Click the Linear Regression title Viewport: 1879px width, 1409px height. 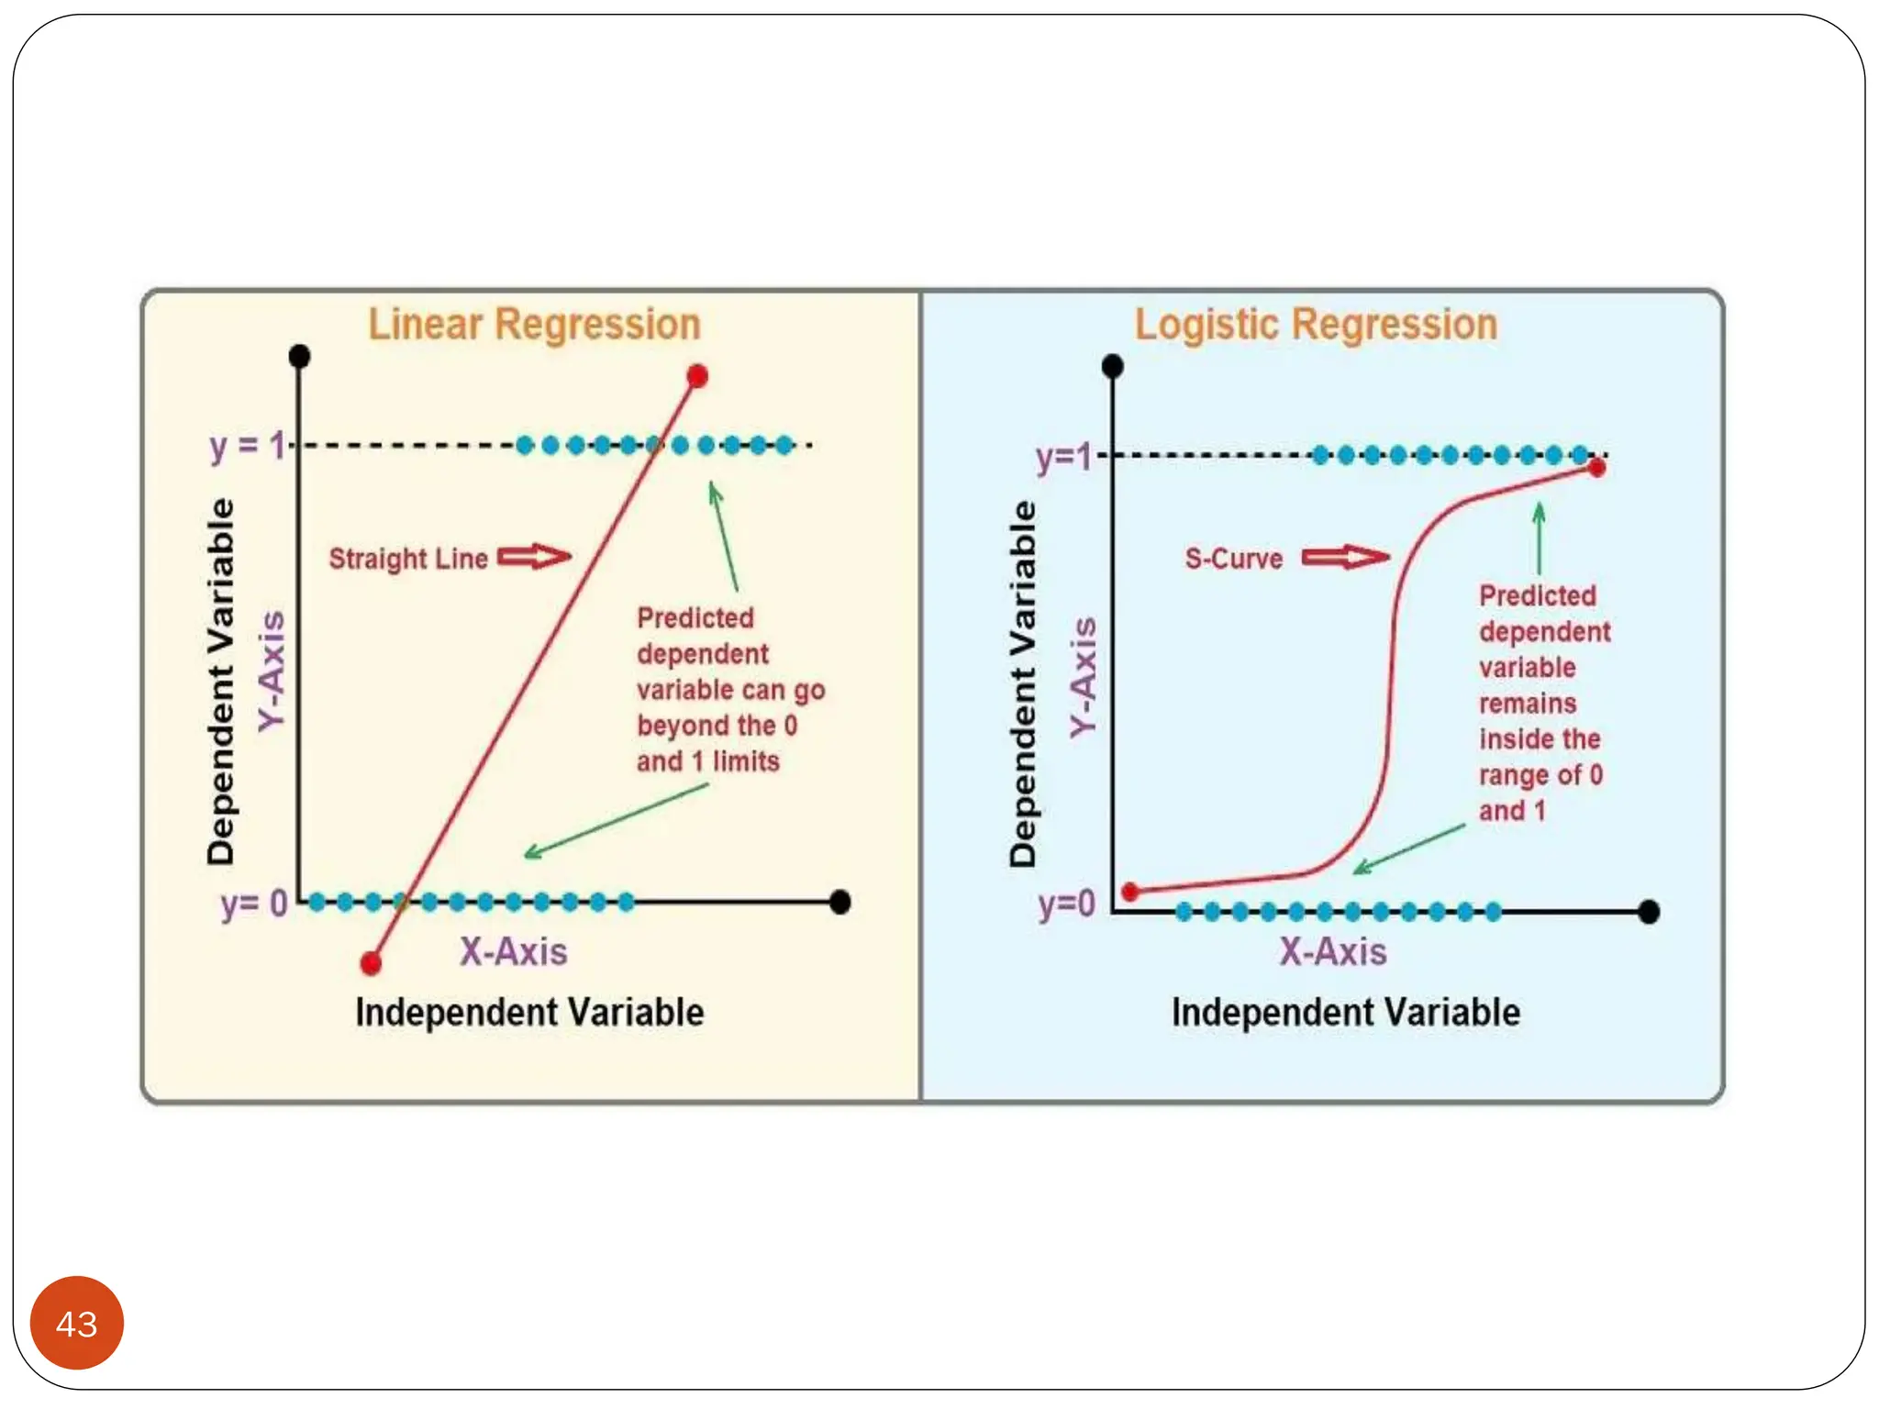coord(534,325)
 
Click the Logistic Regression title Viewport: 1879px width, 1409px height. coord(1316,325)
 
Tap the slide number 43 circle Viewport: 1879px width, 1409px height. coord(77,1323)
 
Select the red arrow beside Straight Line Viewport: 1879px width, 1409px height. coord(534,557)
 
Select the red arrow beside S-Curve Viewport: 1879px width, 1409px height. coord(1345,557)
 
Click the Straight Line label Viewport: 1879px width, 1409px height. coord(408,559)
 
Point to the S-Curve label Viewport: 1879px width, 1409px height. coord(1233,559)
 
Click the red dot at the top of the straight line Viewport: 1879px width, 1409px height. coord(697,376)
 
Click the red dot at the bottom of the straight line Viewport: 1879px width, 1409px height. coord(371,963)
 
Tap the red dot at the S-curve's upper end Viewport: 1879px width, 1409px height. coord(1596,469)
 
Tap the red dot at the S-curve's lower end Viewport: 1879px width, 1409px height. coord(1131,892)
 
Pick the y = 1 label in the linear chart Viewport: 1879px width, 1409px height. coord(247,447)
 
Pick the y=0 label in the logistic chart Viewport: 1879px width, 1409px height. coord(1066,904)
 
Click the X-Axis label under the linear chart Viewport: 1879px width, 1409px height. coord(513,952)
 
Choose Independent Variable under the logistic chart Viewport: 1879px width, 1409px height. coord(1345,1013)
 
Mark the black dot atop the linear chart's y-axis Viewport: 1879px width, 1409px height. coord(299,356)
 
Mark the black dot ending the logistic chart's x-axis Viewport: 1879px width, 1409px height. coord(1649,912)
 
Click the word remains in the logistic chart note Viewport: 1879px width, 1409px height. coord(1528,704)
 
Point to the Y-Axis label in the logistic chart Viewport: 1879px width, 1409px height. coord(1084,677)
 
